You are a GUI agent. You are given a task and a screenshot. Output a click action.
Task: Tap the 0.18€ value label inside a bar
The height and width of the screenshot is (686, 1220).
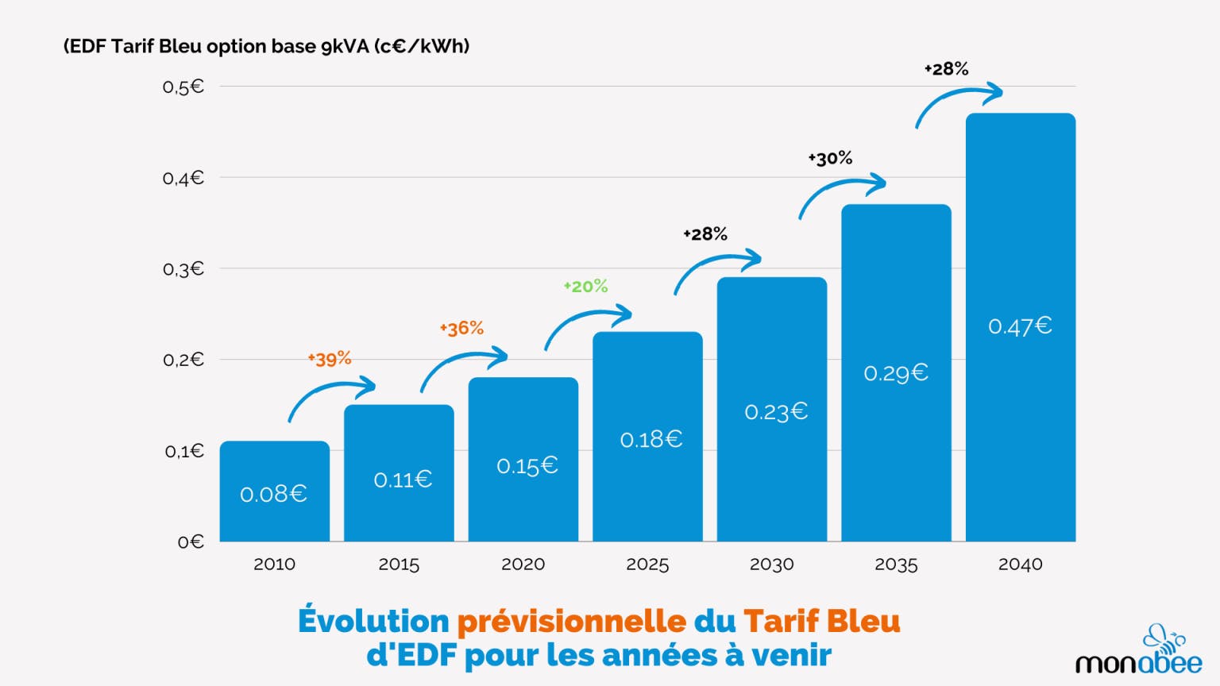[651, 439]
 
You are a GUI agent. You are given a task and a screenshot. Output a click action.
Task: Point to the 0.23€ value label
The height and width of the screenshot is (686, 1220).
[776, 411]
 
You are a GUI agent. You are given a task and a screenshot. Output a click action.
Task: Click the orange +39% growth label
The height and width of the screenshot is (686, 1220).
[330, 359]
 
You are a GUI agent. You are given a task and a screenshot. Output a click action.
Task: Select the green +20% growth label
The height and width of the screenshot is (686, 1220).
[585, 287]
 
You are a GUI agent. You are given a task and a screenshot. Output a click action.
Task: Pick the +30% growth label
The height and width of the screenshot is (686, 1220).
[830, 159]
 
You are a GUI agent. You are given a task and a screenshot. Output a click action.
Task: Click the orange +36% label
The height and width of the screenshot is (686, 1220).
[461, 329]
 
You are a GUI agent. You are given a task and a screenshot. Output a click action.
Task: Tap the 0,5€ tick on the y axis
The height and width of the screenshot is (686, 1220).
[183, 87]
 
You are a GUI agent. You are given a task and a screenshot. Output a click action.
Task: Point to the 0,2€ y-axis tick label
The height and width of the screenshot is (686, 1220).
[183, 360]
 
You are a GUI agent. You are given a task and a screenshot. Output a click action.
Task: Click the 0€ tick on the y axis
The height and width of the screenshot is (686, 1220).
[191, 542]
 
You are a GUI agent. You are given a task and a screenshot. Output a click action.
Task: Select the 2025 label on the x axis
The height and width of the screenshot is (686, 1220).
[647, 565]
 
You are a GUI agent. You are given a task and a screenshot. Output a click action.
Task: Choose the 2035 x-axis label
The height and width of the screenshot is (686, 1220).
[896, 565]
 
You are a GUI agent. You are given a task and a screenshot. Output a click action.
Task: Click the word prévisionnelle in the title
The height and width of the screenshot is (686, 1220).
[572, 621]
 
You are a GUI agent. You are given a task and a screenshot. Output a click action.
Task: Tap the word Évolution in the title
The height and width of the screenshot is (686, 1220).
[373, 621]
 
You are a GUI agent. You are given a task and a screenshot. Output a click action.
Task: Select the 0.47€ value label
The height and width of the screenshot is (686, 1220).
[1020, 326]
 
